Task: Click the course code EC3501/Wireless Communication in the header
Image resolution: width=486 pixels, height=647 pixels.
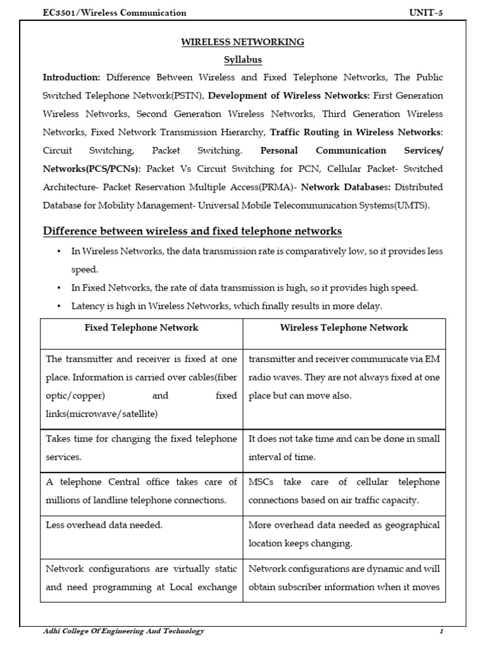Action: pos(114,13)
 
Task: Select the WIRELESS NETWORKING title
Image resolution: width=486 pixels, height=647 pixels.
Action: pos(243,42)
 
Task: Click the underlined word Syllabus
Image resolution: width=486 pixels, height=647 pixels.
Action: pos(243,60)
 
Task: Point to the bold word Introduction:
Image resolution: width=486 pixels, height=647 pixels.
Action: pos(72,78)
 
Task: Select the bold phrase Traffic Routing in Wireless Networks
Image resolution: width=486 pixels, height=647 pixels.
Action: pos(355,133)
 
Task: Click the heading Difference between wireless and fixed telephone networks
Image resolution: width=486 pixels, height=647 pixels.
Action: pos(192,231)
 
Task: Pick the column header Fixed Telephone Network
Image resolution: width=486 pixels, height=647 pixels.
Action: pos(141,327)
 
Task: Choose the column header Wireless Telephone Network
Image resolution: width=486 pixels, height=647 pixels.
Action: pos(344,327)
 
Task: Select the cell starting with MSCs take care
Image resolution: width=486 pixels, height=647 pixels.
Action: pos(344,491)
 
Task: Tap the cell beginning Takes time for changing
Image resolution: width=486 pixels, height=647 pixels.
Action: pos(141,447)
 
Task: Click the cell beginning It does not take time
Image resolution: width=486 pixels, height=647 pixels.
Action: pos(344,447)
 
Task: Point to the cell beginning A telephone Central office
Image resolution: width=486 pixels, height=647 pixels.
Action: pos(141,491)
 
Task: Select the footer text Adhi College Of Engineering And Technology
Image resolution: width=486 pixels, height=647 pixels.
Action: pos(123,631)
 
